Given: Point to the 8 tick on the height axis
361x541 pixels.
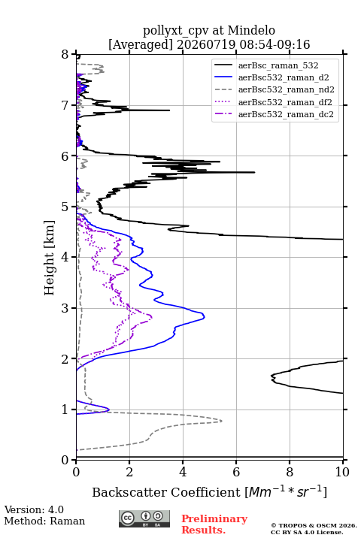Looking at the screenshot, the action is tap(65, 55).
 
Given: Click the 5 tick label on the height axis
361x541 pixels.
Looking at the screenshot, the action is tap(65, 207).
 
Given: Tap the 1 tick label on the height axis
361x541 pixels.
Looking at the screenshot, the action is tap(65, 410).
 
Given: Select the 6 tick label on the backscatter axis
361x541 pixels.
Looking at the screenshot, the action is tap(236, 472).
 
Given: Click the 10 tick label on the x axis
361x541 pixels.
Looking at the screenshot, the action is tap(342, 472).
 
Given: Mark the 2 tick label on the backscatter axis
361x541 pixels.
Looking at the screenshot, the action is tap(129, 472).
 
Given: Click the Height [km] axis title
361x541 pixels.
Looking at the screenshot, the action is tap(50, 258).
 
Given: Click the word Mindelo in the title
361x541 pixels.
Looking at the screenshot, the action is tap(251, 30).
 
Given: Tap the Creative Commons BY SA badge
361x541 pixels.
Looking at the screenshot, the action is tap(144, 518).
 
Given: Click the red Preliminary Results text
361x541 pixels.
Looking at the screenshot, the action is tap(214, 524).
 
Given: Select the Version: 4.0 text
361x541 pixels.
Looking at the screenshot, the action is tap(34, 509).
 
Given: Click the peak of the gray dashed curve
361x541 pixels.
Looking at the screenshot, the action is tap(221, 421).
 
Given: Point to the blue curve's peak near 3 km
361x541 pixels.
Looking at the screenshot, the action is tap(204, 316).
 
